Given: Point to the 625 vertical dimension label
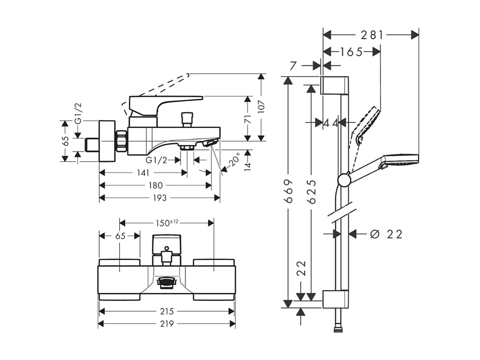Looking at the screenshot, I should coord(311,191).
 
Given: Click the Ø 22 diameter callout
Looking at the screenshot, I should coord(386,234).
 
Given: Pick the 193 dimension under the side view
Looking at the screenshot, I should coord(160,198).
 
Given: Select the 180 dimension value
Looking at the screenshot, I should coord(156,186).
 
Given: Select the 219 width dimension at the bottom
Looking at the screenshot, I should coord(167,324).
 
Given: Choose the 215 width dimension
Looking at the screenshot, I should coord(167,311).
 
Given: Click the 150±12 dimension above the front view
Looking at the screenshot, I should coord(167,222).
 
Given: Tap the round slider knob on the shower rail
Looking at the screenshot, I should coord(344,179).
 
